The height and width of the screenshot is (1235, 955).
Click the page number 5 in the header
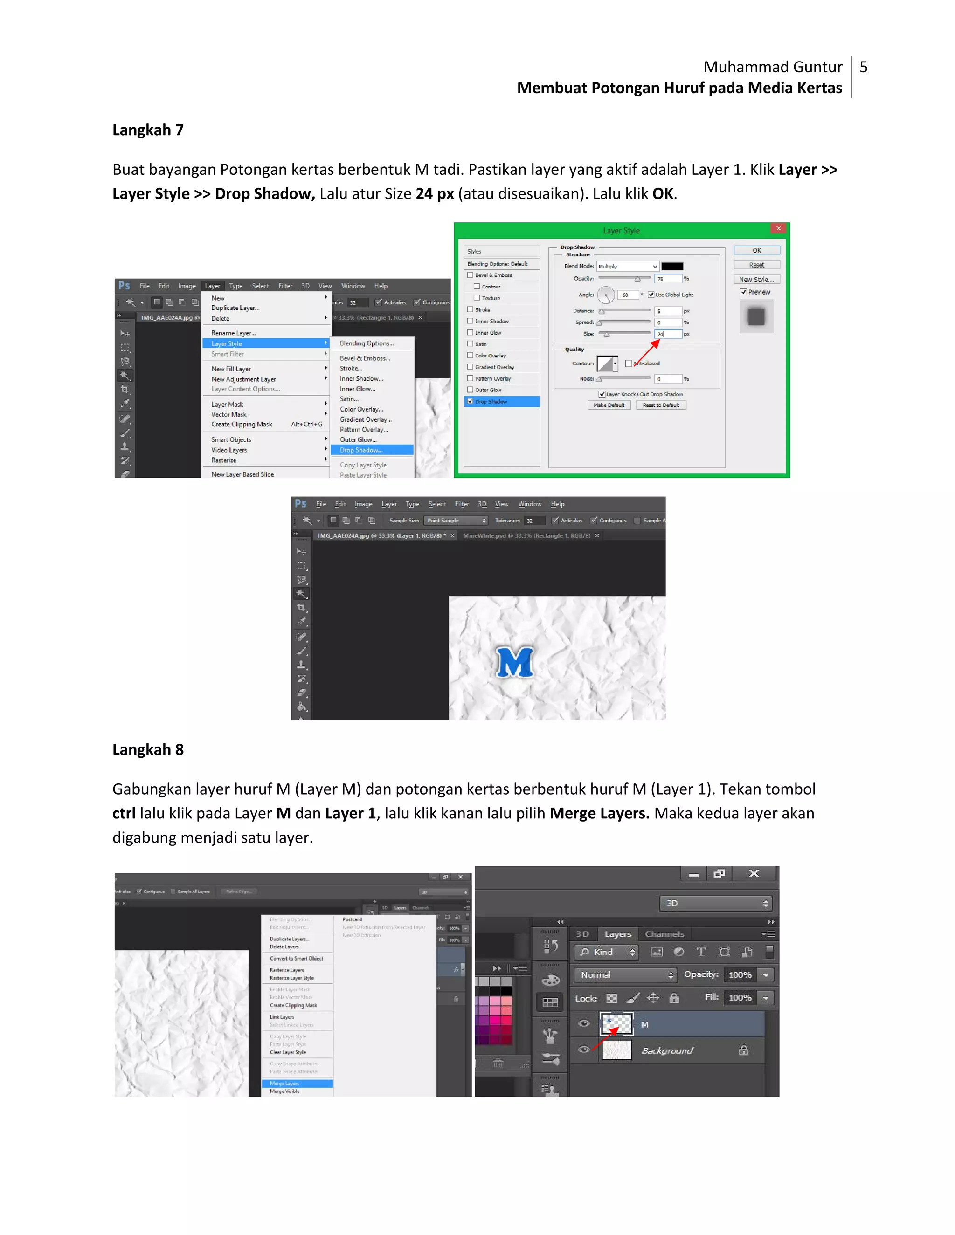click(x=863, y=67)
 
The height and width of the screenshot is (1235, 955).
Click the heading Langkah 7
click(x=148, y=130)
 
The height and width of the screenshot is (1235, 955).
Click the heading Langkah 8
click(x=148, y=749)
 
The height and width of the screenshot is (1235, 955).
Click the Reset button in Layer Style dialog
click(x=756, y=265)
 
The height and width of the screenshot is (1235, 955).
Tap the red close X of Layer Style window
click(x=778, y=228)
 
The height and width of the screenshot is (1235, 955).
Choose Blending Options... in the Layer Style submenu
click(x=367, y=343)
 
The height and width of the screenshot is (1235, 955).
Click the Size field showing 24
click(x=668, y=334)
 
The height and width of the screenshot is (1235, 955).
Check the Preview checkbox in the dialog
click(x=743, y=292)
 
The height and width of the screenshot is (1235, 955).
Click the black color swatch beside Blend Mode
click(x=672, y=266)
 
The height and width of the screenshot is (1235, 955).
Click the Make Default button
click(x=609, y=405)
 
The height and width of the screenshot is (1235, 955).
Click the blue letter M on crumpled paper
click(x=515, y=662)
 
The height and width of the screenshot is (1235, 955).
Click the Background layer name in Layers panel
click(x=667, y=1050)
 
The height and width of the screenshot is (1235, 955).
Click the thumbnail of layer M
click(x=616, y=1024)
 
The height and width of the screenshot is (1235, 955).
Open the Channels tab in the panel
click(x=664, y=934)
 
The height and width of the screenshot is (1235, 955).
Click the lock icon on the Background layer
click(x=743, y=1050)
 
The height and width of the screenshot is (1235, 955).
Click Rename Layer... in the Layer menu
click(x=233, y=333)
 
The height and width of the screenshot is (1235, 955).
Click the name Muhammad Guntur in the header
click(x=772, y=67)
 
